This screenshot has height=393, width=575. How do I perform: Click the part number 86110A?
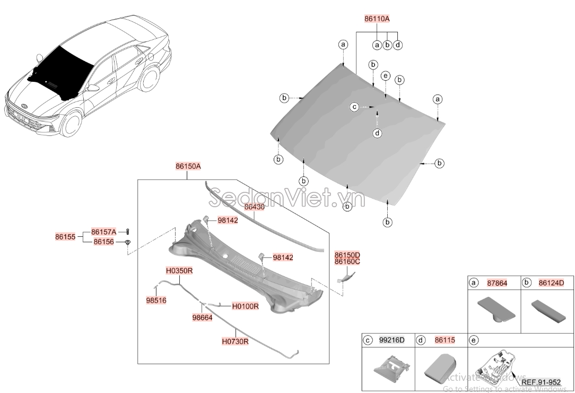click(x=377, y=19)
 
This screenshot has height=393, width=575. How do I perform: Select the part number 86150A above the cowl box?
click(x=188, y=166)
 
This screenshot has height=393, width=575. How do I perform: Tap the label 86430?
click(x=254, y=207)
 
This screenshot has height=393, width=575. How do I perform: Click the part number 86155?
click(x=65, y=236)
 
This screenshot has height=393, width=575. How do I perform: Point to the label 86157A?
click(x=103, y=232)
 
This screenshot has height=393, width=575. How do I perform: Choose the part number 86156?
click(x=103, y=242)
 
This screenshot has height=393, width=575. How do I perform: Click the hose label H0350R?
click(x=179, y=270)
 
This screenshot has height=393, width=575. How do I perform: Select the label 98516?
click(x=156, y=300)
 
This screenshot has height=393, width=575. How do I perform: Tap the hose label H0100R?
click(x=245, y=306)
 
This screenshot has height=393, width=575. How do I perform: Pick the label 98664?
click(x=203, y=318)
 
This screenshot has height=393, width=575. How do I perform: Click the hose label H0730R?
click(x=235, y=341)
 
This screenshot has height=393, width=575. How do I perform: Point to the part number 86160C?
click(x=347, y=262)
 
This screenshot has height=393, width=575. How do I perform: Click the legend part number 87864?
click(x=497, y=283)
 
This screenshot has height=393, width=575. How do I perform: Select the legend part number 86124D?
click(x=551, y=283)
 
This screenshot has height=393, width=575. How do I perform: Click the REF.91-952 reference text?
click(x=541, y=382)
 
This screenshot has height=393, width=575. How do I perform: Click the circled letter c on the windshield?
click(x=354, y=107)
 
